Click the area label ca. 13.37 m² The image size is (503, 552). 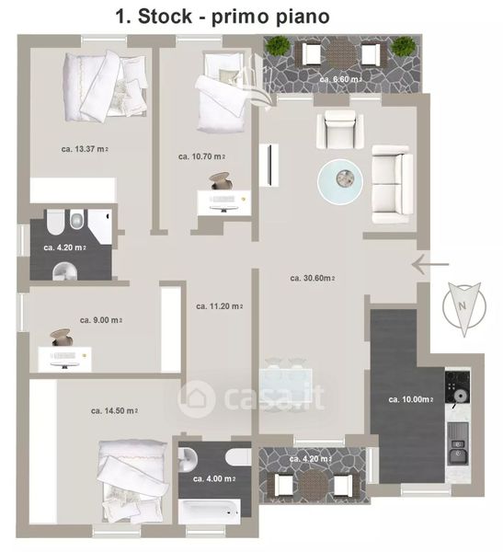(x=85, y=149)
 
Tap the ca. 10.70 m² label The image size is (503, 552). (x=201, y=156)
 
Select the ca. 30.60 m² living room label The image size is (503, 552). (x=313, y=278)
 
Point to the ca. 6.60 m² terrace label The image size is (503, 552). (x=341, y=79)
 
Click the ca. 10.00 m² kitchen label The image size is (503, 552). (x=411, y=399)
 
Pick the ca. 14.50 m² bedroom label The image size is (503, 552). (x=114, y=411)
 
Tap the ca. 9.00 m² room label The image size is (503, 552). (x=101, y=320)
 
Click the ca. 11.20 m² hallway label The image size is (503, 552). (x=220, y=306)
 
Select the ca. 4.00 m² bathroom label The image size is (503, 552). (x=214, y=478)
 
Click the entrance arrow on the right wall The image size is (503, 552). (x=430, y=264)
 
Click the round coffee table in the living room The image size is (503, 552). (x=340, y=181)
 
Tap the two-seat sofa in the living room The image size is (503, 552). (x=392, y=185)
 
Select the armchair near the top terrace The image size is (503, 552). (x=340, y=129)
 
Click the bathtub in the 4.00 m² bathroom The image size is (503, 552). (x=210, y=512)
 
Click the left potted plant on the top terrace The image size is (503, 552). (x=278, y=46)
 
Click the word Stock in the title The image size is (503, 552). (x=166, y=17)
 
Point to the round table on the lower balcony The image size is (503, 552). (x=313, y=484)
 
